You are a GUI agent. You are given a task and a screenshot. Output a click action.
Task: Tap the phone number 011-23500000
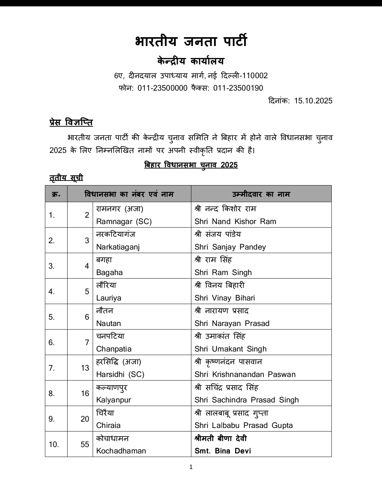(162, 88)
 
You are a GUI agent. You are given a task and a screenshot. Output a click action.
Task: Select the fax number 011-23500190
(238, 88)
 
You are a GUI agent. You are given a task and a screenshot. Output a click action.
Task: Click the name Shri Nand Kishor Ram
(235, 222)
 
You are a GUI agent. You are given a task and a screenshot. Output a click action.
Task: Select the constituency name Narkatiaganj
(118, 247)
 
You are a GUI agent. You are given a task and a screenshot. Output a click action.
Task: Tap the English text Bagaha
(109, 273)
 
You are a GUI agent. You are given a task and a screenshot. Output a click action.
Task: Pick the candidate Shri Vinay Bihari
(225, 298)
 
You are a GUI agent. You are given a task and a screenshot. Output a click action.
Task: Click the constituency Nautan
(109, 324)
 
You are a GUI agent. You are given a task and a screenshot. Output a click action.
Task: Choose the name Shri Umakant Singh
(230, 349)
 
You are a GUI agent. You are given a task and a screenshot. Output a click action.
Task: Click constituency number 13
(85, 368)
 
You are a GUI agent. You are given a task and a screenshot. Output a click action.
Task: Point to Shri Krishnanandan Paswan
(245, 375)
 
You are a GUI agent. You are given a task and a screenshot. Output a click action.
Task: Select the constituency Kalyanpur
(114, 400)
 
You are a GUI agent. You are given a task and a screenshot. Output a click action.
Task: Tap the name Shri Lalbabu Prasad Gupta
(243, 425)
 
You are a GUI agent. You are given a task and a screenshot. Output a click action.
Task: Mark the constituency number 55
(85, 444)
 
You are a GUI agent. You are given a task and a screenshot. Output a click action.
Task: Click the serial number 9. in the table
(52, 419)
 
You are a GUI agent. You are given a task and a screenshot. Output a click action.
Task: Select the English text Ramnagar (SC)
(124, 222)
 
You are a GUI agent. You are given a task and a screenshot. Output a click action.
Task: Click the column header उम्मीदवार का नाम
(261, 194)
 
